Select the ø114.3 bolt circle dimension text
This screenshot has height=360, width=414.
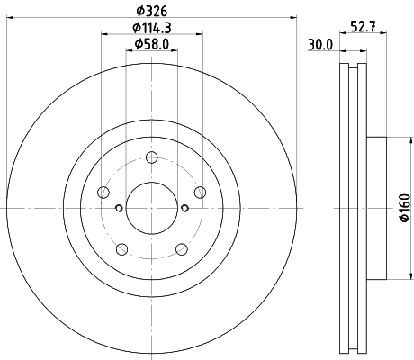coord(151,28)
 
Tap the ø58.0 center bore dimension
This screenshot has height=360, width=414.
coord(151,44)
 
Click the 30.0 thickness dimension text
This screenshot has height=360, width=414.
coord(320,44)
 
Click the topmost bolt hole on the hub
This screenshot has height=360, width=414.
coord(151,159)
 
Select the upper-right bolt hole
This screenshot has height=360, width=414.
coord(199,192)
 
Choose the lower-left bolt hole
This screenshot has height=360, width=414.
coord(121,248)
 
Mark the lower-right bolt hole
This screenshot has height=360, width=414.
coord(181,248)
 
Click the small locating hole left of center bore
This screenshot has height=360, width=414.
coord(119,209)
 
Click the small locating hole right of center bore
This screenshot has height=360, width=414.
coord(184,209)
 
